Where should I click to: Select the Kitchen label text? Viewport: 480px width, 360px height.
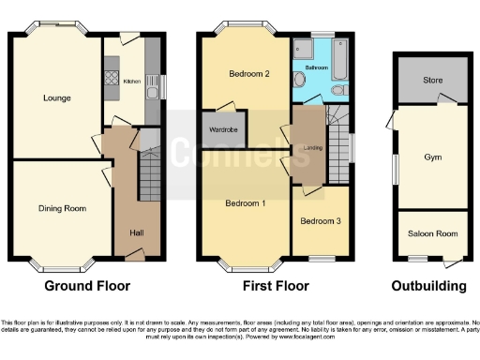132,82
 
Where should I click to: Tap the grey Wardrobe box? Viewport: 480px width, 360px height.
221,130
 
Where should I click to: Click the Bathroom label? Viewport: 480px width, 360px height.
316,67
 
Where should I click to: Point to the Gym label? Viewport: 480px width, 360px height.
432,158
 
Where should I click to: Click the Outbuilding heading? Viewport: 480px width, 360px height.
430,286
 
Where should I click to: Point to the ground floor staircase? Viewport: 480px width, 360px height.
149,176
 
